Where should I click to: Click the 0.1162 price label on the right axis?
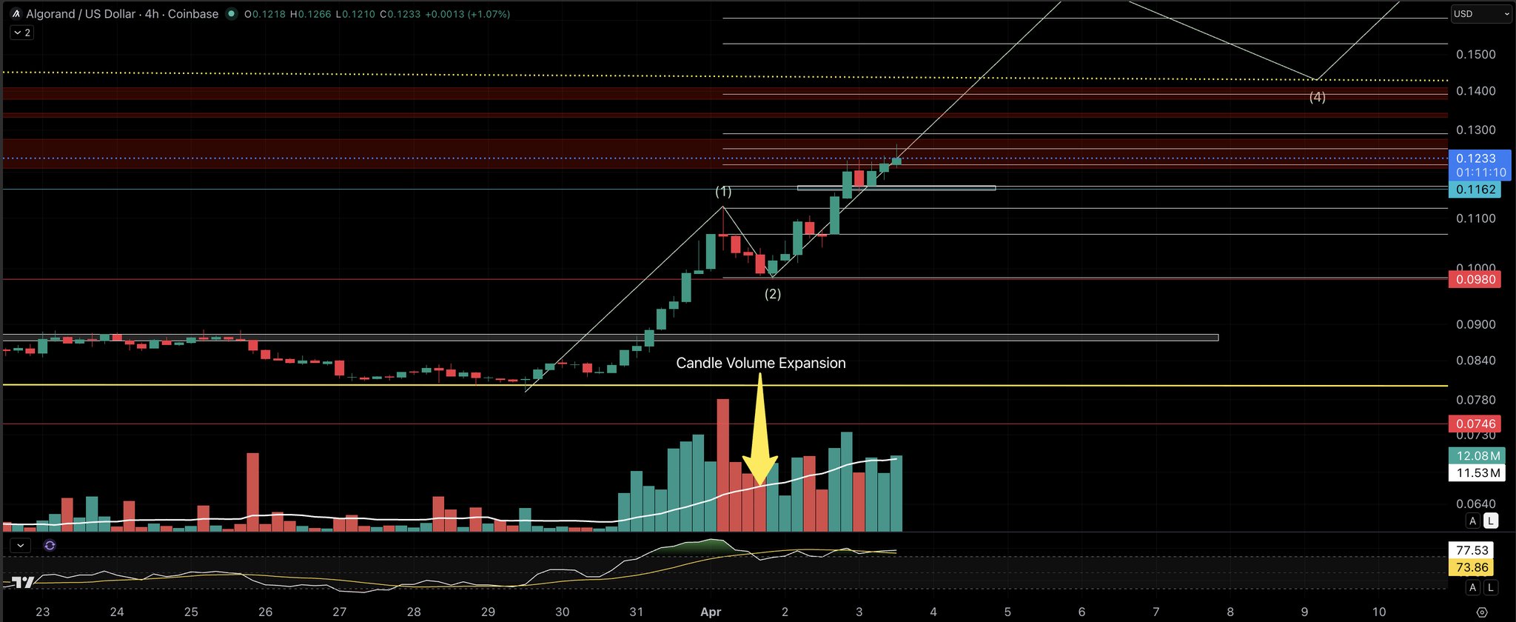(1475, 190)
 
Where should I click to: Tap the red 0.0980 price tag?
(1475, 280)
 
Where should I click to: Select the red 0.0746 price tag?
(1475, 424)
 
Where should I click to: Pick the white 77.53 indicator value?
(1472, 550)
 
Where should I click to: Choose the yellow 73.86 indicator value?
(1472, 568)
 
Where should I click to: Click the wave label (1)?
(723, 192)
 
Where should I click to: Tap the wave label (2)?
(773, 294)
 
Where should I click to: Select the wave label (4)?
(1318, 97)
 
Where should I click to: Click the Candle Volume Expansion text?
(761, 363)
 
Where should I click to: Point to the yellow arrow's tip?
(760, 485)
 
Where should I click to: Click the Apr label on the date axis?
(711, 612)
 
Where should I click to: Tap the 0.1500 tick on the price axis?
(1475, 55)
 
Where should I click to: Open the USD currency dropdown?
(1480, 14)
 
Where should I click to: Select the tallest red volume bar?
(723, 465)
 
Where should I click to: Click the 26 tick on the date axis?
(265, 612)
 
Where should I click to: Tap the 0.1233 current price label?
(1475, 158)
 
